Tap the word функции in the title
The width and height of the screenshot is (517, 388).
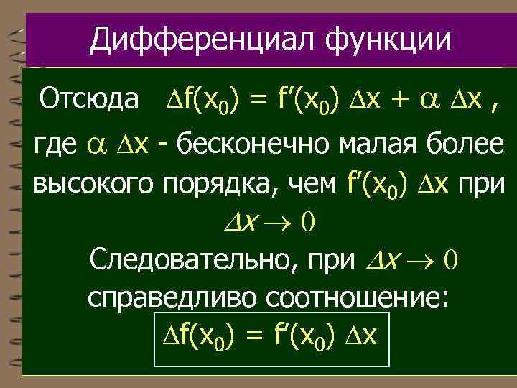click(388, 40)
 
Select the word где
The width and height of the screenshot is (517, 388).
click(55, 146)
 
